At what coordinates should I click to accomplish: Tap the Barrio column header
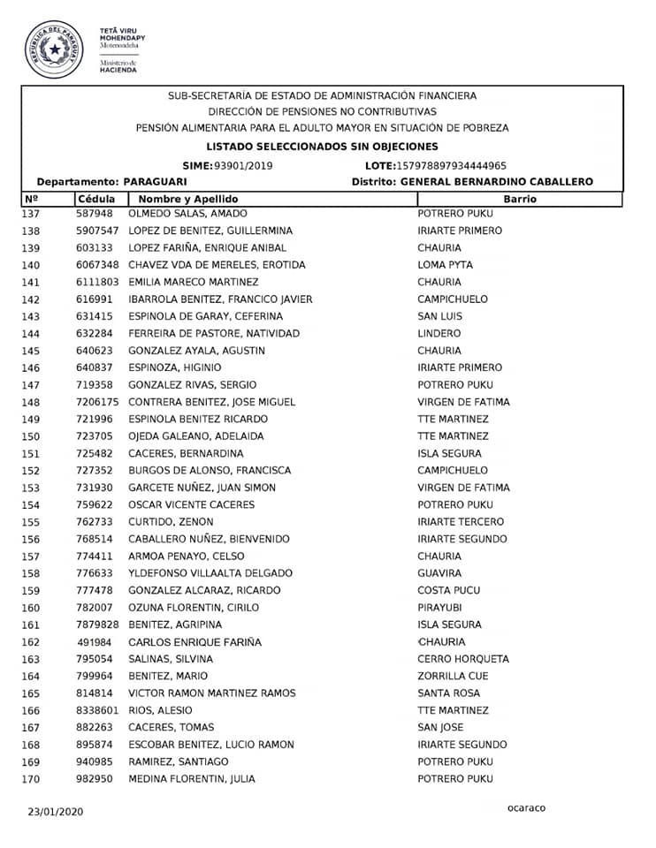520,200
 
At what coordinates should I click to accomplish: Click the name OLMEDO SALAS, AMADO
187,214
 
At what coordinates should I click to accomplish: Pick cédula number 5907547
97,231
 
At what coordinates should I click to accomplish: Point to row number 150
31,436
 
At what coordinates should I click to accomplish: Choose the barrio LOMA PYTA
445,265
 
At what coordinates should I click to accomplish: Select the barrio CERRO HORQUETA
462,659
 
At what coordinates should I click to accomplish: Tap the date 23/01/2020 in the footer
55,811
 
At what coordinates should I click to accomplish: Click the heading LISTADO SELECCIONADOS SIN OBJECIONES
322,147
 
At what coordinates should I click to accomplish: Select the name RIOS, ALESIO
160,710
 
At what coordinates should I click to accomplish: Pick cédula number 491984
95,642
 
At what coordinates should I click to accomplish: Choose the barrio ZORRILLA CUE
453,676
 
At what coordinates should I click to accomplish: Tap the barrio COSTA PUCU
448,590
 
